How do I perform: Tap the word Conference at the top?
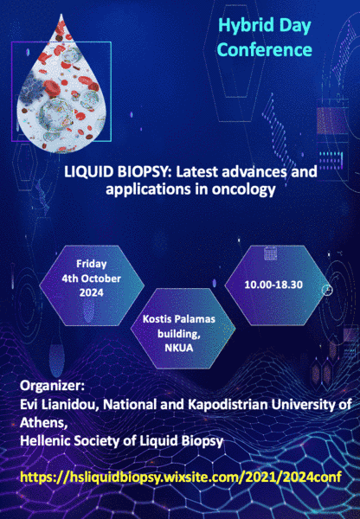(265, 49)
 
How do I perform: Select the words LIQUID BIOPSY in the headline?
(118, 172)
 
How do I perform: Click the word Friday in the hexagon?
(92, 264)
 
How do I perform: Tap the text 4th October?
(92, 279)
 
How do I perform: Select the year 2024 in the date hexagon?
(92, 292)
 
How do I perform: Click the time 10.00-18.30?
(273, 285)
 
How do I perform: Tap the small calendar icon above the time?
(270, 253)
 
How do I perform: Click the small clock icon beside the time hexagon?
(327, 290)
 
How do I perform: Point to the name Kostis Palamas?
(179, 319)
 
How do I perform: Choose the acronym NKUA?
(179, 348)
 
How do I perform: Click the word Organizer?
(52, 387)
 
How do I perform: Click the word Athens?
(44, 423)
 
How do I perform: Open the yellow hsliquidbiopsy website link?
(181, 477)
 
